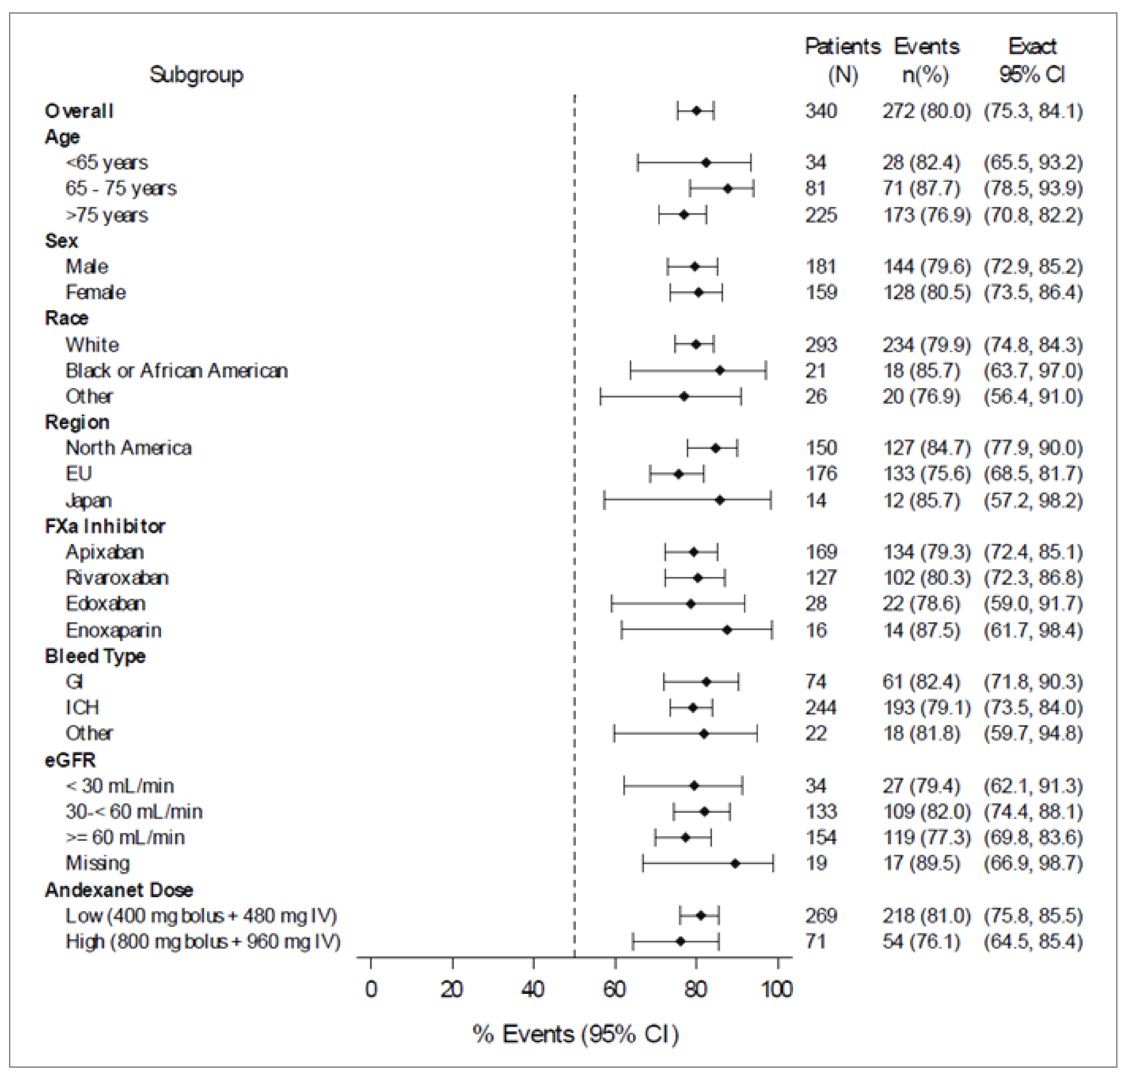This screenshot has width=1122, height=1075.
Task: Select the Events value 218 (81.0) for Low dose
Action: coord(926,915)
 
